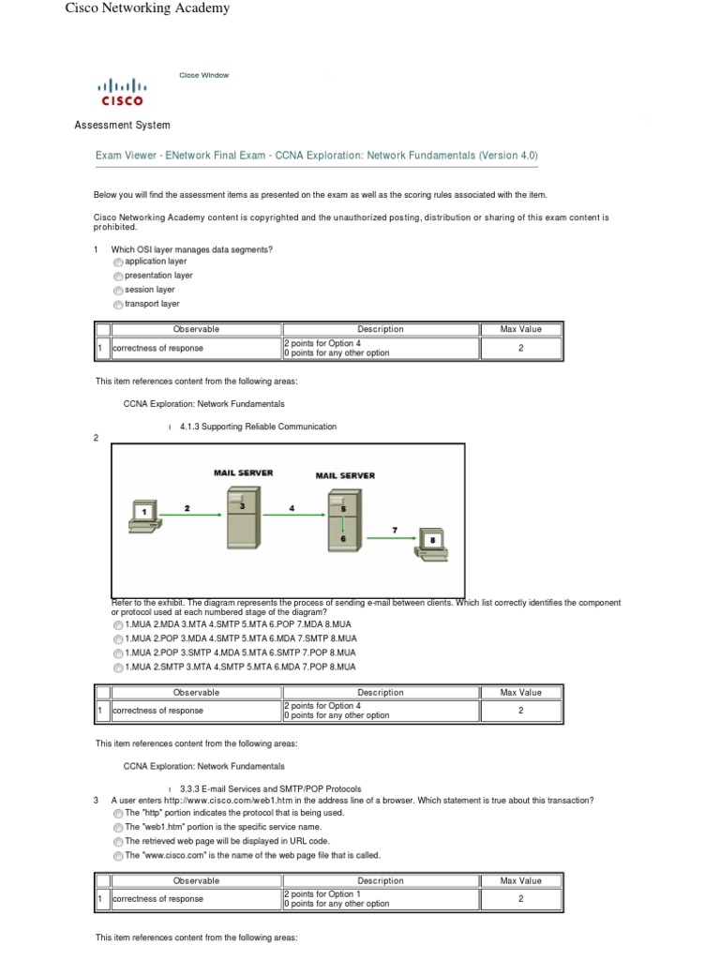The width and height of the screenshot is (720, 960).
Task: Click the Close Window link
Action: (x=203, y=75)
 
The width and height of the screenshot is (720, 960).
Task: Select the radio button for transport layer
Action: (x=117, y=305)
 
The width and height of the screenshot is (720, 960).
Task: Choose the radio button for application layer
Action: (x=117, y=262)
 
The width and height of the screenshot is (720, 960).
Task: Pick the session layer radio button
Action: (x=117, y=291)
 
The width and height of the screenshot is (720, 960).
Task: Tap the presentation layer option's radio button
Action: (x=117, y=277)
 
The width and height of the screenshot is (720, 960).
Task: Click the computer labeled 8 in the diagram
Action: (x=431, y=545)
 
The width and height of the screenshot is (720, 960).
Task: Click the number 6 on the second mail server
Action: (x=343, y=538)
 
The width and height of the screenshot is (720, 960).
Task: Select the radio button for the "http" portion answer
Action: (x=117, y=814)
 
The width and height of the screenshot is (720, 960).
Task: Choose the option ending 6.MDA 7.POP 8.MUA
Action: (x=117, y=667)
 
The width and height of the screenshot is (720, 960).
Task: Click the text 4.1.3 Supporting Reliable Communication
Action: (x=258, y=427)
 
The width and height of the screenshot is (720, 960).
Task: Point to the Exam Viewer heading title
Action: (x=317, y=156)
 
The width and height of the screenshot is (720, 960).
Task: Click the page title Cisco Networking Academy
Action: (x=146, y=8)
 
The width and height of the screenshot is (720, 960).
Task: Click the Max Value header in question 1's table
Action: (x=520, y=329)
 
